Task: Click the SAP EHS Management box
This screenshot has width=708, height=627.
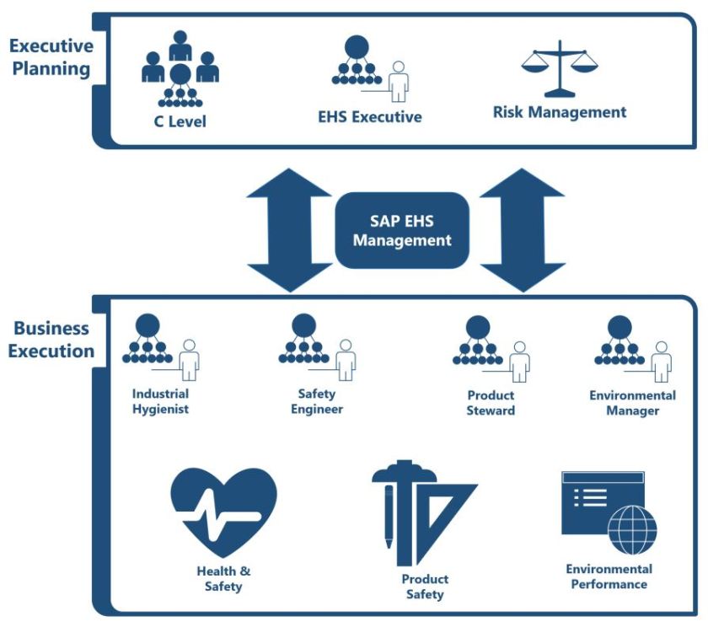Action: point(401,230)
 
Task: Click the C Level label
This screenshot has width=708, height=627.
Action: point(180,121)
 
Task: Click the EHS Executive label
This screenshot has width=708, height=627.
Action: point(370,117)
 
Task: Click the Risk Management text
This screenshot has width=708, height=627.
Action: point(560,112)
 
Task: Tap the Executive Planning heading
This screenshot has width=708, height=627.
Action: point(51,56)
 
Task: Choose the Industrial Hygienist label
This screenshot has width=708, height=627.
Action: point(160,402)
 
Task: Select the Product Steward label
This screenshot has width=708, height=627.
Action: point(491,403)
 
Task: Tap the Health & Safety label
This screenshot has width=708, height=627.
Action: point(223,578)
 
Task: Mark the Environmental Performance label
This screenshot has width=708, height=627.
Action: point(609,576)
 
